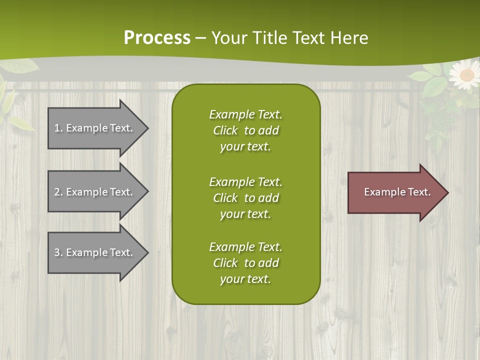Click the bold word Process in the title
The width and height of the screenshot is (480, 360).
pyautogui.click(x=157, y=38)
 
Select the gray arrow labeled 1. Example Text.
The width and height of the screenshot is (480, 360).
pyautogui.click(x=95, y=128)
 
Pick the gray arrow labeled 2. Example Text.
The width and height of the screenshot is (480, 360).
pyautogui.click(x=95, y=192)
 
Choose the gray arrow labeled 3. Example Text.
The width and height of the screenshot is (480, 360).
pyautogui.click(x=95, y=252)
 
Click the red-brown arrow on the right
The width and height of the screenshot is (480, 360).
pyautogui.click(x=395, y=192)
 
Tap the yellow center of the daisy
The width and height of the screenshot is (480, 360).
pyautogui.click(x=466, y=75)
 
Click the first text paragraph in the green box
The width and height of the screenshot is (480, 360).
pyautogui.click(x=245, y=130)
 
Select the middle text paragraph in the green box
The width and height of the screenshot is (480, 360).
pyautogui.click(x=245, y=198)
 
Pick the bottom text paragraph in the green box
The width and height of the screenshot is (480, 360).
pyautogui.click(x=245, y=263)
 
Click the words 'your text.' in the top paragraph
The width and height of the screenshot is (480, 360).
pyautogui.click(x=245, y=147)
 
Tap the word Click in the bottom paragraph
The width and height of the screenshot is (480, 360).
pyautogui.click(x=225, y=263)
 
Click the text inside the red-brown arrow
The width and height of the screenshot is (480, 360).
pyautogui.click(x=397, y=192)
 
